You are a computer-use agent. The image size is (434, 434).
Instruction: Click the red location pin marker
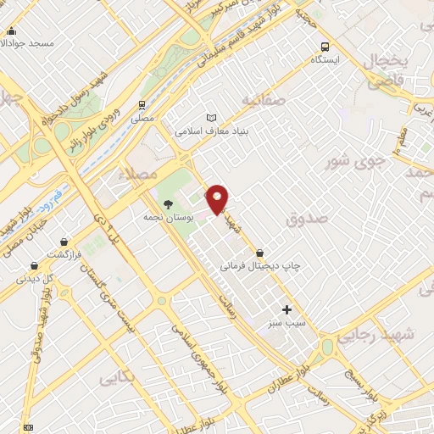pyautogui.click(x=218, y=198)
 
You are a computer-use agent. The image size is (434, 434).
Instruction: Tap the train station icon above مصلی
pyautogui.click(x=143, y=106)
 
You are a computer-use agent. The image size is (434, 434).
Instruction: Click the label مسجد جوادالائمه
pyautogui.click(x=30, y=42)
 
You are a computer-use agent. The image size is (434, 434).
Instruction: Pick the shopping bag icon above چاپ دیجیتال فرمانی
pyautogui.click(x=259, y=252)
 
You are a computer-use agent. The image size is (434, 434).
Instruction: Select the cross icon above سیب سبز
pyautogui.click(x=287, y=310)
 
